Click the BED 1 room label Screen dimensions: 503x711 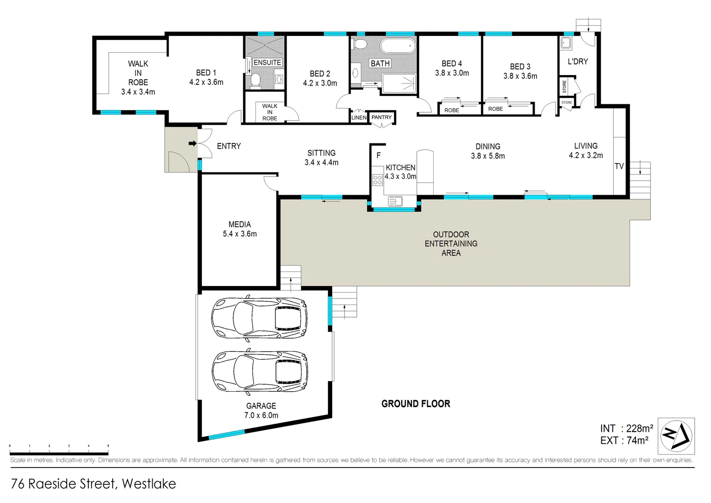(x=206, y=73)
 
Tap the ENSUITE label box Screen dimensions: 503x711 (x=267, y=62)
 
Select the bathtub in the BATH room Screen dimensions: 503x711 (x=398, y=46)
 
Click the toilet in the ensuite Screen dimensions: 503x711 (x=255, y=81)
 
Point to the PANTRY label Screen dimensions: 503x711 (x=382, y=117)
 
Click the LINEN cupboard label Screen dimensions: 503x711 (x=359, y=118)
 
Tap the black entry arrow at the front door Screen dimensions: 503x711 (x=192, y=143)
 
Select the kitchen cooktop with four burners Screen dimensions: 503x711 (x=377, y=180)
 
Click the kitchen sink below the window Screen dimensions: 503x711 (x=395, y=201)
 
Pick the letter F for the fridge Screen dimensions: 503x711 (x=378, y=156)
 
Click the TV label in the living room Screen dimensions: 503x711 (x=619, y=166)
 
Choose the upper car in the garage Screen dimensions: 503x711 (x=260, y=318)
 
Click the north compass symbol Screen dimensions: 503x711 (x=676, y=436)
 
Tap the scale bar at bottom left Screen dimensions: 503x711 (x=59, y=453)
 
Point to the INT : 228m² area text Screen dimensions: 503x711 (x=626, y=428)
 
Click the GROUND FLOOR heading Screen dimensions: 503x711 (x=416, y=404)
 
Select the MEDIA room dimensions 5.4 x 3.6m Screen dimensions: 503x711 (x=240, y=234)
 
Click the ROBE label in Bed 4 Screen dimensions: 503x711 (x=451, y=110)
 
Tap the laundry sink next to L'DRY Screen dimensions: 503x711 (x=566, y=43)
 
